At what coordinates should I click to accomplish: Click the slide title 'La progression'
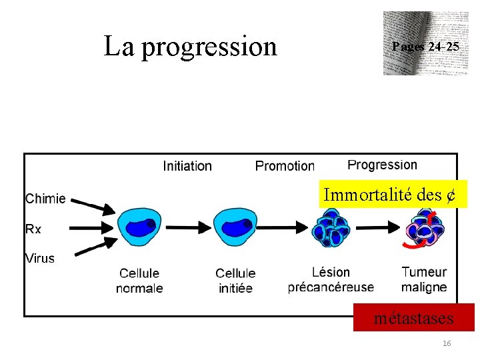[x=190, y=46]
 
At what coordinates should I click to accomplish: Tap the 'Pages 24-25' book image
[x=421, y=43]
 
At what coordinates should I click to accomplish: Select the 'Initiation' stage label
[x=187, y=166]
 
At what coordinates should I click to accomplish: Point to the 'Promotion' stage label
[x=285, y=166]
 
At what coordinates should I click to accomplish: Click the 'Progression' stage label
[x=382, y=165]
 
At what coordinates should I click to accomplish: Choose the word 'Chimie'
[x=45, y=198]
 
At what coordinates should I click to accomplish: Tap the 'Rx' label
[x=33, y=229]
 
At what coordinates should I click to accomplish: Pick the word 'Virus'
[x=40, y=258]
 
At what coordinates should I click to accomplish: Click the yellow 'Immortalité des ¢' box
[x=389, y=195]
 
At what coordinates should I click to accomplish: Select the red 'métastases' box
[x=413, y=318]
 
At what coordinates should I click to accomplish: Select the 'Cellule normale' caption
[x=139, y=281]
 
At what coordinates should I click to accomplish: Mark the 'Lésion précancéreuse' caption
[x=331, y=280]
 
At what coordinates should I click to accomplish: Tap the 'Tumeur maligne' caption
[x=424, y=280]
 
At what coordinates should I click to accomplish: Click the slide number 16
[x=447, y=343]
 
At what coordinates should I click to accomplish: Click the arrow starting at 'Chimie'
[x=93, y=203]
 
